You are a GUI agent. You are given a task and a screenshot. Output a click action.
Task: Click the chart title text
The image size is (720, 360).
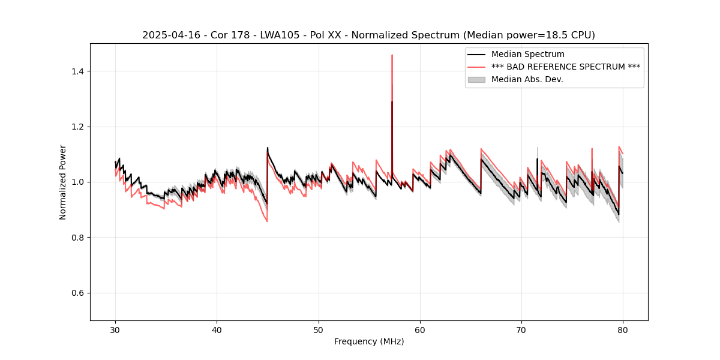click(368, 35)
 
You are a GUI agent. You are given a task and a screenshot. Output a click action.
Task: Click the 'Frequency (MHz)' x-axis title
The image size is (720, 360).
click(368, 341)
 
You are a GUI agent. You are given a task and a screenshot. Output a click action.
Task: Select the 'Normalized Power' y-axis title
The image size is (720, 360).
click(63, 182)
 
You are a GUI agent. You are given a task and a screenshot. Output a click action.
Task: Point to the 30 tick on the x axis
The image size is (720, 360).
click(116, 329)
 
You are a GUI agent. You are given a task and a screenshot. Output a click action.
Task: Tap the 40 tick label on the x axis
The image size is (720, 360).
click(217, 329)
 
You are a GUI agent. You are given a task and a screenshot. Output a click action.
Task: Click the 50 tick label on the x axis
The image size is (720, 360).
click(319, 329)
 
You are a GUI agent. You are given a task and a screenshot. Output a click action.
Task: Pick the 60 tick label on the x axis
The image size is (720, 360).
click(420, 329)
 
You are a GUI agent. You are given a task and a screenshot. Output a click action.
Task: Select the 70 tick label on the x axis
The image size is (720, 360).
click(521, 329)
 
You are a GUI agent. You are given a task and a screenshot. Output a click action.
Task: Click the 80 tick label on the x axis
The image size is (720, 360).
click(623, 329)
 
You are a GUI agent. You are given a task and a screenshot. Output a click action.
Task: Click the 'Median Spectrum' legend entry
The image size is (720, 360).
click(527, 55)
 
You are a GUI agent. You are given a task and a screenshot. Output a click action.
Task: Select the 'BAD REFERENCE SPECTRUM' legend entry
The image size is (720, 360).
click(565, 67)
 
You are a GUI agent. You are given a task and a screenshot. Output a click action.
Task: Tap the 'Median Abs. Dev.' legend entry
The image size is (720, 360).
click(527, 79)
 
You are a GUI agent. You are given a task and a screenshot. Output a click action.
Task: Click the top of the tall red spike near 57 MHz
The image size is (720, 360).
click(392, 55)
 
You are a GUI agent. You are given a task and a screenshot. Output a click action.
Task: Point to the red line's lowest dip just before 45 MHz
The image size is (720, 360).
click(267, 221)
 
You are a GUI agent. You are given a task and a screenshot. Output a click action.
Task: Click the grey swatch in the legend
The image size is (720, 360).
click(476, 79)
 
